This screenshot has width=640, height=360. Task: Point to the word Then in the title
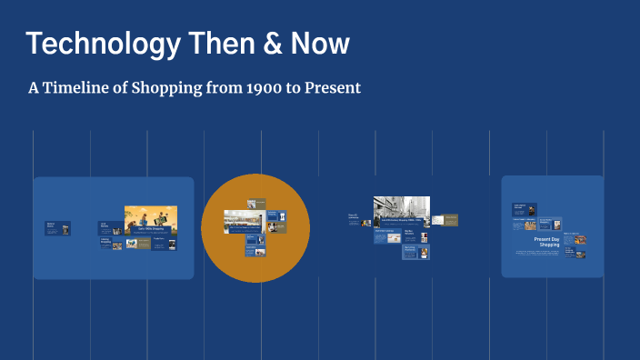tap(215, 43)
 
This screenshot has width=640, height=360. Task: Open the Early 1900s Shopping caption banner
tap(150, 231)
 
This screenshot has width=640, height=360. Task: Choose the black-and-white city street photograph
tap(401, 207)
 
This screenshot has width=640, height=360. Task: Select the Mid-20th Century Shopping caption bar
tap(401, 222)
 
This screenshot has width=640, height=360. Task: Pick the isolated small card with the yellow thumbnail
tap(56, 227)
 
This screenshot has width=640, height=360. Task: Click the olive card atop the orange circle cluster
tap(257, 202)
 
